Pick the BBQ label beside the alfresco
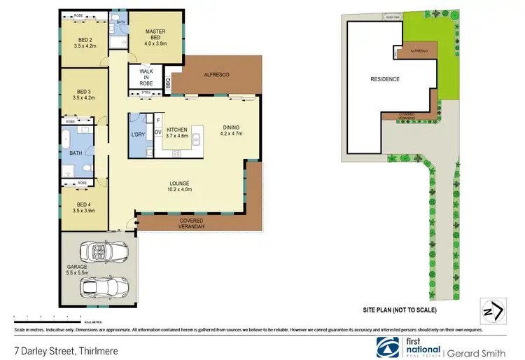tap(167, 83)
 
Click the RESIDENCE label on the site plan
tap(385, 79)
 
